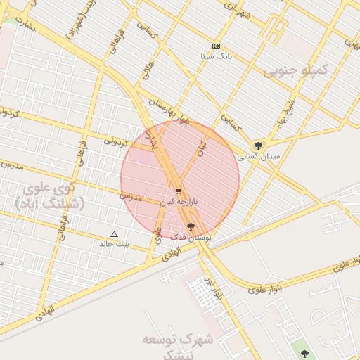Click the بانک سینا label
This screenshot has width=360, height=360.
(x=216, y=55)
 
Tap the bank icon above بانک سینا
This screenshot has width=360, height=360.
(x=216, y=46)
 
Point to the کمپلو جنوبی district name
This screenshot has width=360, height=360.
(x=296, y=71)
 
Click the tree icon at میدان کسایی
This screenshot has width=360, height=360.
(x=259, y=146)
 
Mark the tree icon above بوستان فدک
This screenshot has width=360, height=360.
(x=191, y=226)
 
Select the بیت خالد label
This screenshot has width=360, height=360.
(x=115, y=243)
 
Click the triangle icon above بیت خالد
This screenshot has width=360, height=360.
(x=115, y=233)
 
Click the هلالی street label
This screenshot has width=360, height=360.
(x=148, y=68)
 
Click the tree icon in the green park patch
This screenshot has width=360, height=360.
(x=304, y=353)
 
